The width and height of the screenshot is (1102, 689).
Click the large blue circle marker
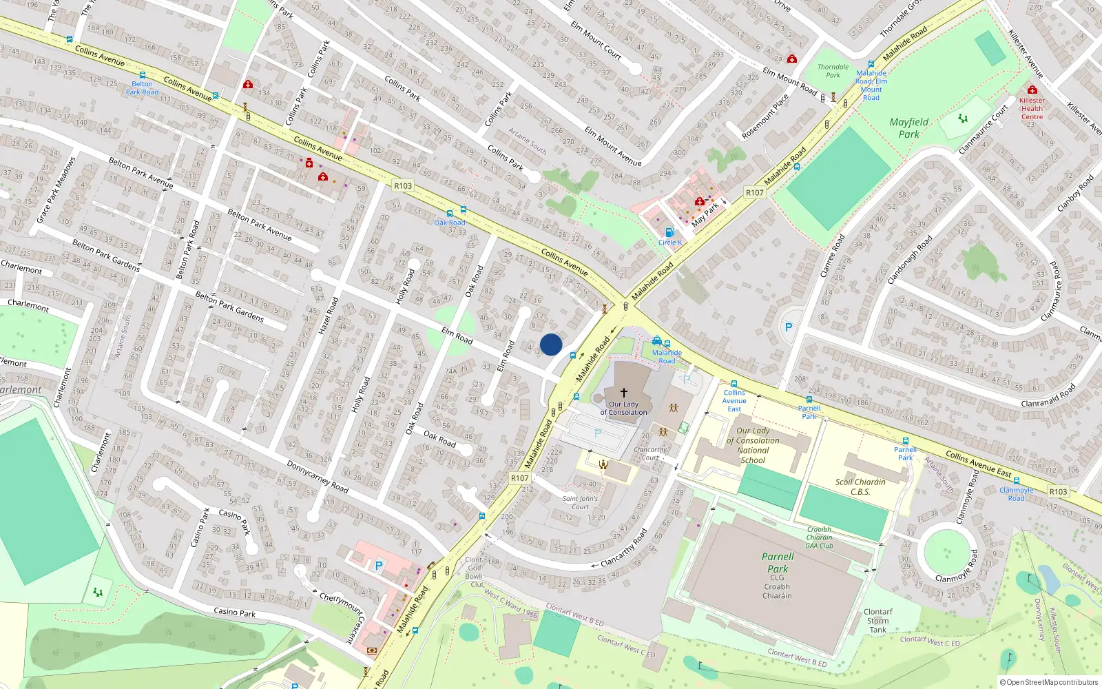[551, 344]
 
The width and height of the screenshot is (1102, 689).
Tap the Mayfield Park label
[908, 128]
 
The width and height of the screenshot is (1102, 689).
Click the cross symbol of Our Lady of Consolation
[624, 393]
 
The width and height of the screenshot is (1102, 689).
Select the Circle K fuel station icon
[669, 233]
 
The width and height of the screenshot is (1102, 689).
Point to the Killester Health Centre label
[1032, 108]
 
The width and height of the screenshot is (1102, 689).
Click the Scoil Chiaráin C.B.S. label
[860, 486]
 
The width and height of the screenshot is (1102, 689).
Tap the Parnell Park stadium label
[778, 562]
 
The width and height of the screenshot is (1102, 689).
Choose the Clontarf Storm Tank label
[877, 620]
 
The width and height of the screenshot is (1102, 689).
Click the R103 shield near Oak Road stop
[403, 185]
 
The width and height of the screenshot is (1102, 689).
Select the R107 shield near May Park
[754, 193]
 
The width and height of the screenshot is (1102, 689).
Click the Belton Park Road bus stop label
[142, 88]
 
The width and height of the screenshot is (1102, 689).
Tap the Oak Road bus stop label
[450, 223]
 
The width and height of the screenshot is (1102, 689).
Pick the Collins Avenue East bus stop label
[734, 400]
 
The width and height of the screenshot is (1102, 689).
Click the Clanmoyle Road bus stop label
[1016, 494]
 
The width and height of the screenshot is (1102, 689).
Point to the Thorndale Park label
[833, 71]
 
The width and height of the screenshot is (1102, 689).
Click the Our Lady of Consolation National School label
[753, 445]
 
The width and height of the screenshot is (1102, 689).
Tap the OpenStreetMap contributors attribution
[1048, 682]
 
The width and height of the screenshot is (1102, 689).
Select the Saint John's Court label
[580, 502]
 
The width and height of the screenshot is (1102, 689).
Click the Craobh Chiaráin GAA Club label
[820, 537]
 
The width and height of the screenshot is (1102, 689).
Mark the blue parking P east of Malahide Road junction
[789, 327]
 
